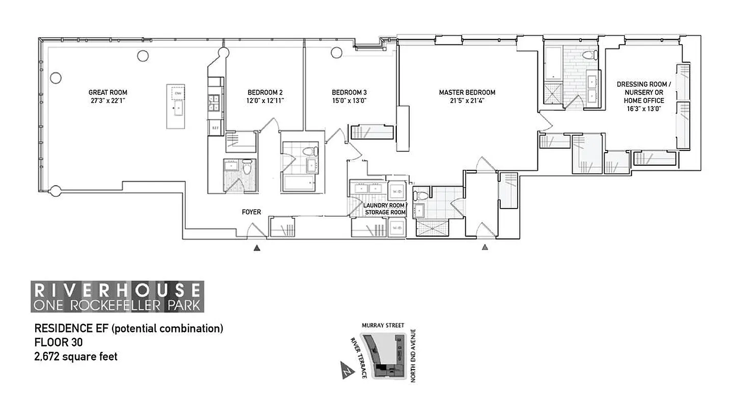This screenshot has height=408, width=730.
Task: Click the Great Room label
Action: [x=107, y=92]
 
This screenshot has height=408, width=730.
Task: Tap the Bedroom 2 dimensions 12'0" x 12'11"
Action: [x=265, y=100]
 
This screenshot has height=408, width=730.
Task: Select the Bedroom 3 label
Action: [x=349, y=92]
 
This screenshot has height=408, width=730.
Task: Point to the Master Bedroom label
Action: [x=467, y=92]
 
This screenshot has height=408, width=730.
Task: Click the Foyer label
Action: [x=251, y=212]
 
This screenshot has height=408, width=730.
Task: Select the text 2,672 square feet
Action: [x=75, y=356]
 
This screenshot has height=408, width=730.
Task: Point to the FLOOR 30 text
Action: [x=58, y=343]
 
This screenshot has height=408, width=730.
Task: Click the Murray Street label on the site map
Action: [x=383, y=325]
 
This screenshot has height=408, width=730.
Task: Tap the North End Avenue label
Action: [x=413, y=355]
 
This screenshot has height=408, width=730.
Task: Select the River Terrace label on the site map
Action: [x=358, y=358]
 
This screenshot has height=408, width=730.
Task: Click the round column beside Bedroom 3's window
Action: [x=336, y=53]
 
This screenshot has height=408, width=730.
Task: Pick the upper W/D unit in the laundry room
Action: [x=397, y=192]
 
